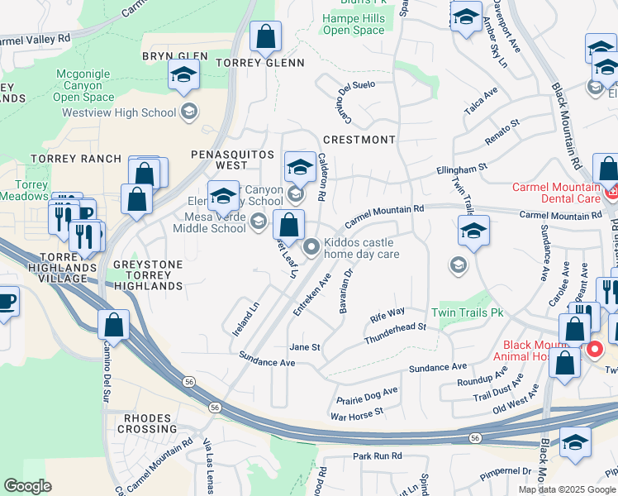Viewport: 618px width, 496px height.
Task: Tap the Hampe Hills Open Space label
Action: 354,24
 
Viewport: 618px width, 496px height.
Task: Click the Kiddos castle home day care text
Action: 362,248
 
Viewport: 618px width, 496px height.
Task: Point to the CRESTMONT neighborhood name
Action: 359,140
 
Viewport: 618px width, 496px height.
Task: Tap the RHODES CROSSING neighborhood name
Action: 150,423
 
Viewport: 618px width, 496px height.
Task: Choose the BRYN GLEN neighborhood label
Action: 174,56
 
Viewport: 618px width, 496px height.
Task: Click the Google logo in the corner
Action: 27,486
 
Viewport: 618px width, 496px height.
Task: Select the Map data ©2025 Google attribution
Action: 566,489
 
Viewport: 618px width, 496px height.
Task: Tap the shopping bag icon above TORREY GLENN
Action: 265,37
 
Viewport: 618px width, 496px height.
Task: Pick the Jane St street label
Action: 304,348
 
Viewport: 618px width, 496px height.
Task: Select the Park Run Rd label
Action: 377,455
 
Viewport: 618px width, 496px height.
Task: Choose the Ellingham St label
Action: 462,170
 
